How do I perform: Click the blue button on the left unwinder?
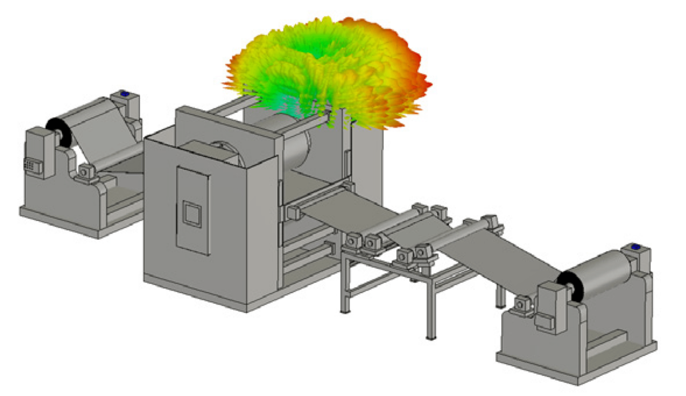(x=123, y=93)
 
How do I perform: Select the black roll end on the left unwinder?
(x=57, y=132)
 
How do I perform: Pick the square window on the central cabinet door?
(x=192, y=213)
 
